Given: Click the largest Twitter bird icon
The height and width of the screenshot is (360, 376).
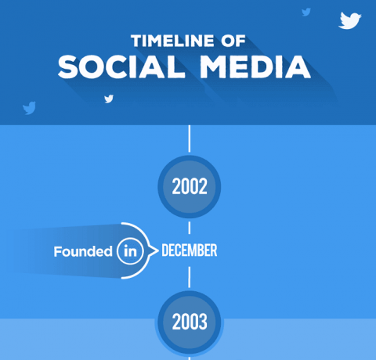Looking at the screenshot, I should click(x=349, y=20).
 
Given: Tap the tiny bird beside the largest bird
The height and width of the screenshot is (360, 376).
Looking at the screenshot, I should click(x=305, y=12).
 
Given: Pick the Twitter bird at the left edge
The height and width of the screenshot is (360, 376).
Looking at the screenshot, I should click(x=30, y=107).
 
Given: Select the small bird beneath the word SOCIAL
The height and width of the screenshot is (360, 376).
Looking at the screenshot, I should click(x=109, y=99).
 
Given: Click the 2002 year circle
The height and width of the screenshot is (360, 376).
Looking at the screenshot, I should click(x=189, y=187).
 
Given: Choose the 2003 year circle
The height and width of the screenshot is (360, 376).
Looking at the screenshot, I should click(x=189, y=321).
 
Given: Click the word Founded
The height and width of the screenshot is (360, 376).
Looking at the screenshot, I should click(x=83, y=252).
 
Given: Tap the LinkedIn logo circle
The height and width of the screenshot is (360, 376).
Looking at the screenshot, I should click(x=130, y=252).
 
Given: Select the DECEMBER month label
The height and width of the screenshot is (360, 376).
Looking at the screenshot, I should click(x=189, y=251).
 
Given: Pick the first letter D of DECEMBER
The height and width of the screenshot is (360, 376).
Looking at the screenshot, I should click(x=165, y=251).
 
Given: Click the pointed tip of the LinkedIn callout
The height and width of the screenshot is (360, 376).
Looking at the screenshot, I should click(x=154, y=252).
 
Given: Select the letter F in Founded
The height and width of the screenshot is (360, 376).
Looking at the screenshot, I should click(x=57, y=252).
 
